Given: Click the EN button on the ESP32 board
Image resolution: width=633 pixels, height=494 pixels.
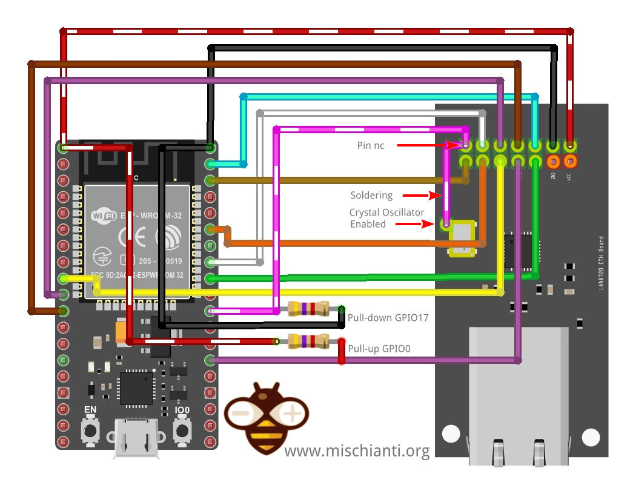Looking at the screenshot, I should pos(91,430).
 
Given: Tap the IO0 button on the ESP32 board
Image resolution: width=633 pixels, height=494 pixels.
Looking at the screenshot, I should pos(182,430).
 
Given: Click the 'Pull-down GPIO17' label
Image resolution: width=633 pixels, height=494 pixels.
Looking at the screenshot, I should pos(388,317).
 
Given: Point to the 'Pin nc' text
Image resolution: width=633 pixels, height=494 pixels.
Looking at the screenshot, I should pos(370,146).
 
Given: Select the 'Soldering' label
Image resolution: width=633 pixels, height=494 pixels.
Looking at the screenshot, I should pos(371,196).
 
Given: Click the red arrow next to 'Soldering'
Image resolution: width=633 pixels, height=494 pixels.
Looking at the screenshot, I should pos(418,196).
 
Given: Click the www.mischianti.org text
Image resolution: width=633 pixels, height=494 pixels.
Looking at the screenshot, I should pos(357,451).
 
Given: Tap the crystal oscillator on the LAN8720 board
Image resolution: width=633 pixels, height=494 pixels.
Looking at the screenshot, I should pos(462,236).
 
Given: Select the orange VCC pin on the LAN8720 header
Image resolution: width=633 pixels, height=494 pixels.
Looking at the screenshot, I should pos(570,162).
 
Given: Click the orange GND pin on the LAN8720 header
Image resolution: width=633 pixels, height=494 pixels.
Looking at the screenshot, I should pos(552,162).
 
